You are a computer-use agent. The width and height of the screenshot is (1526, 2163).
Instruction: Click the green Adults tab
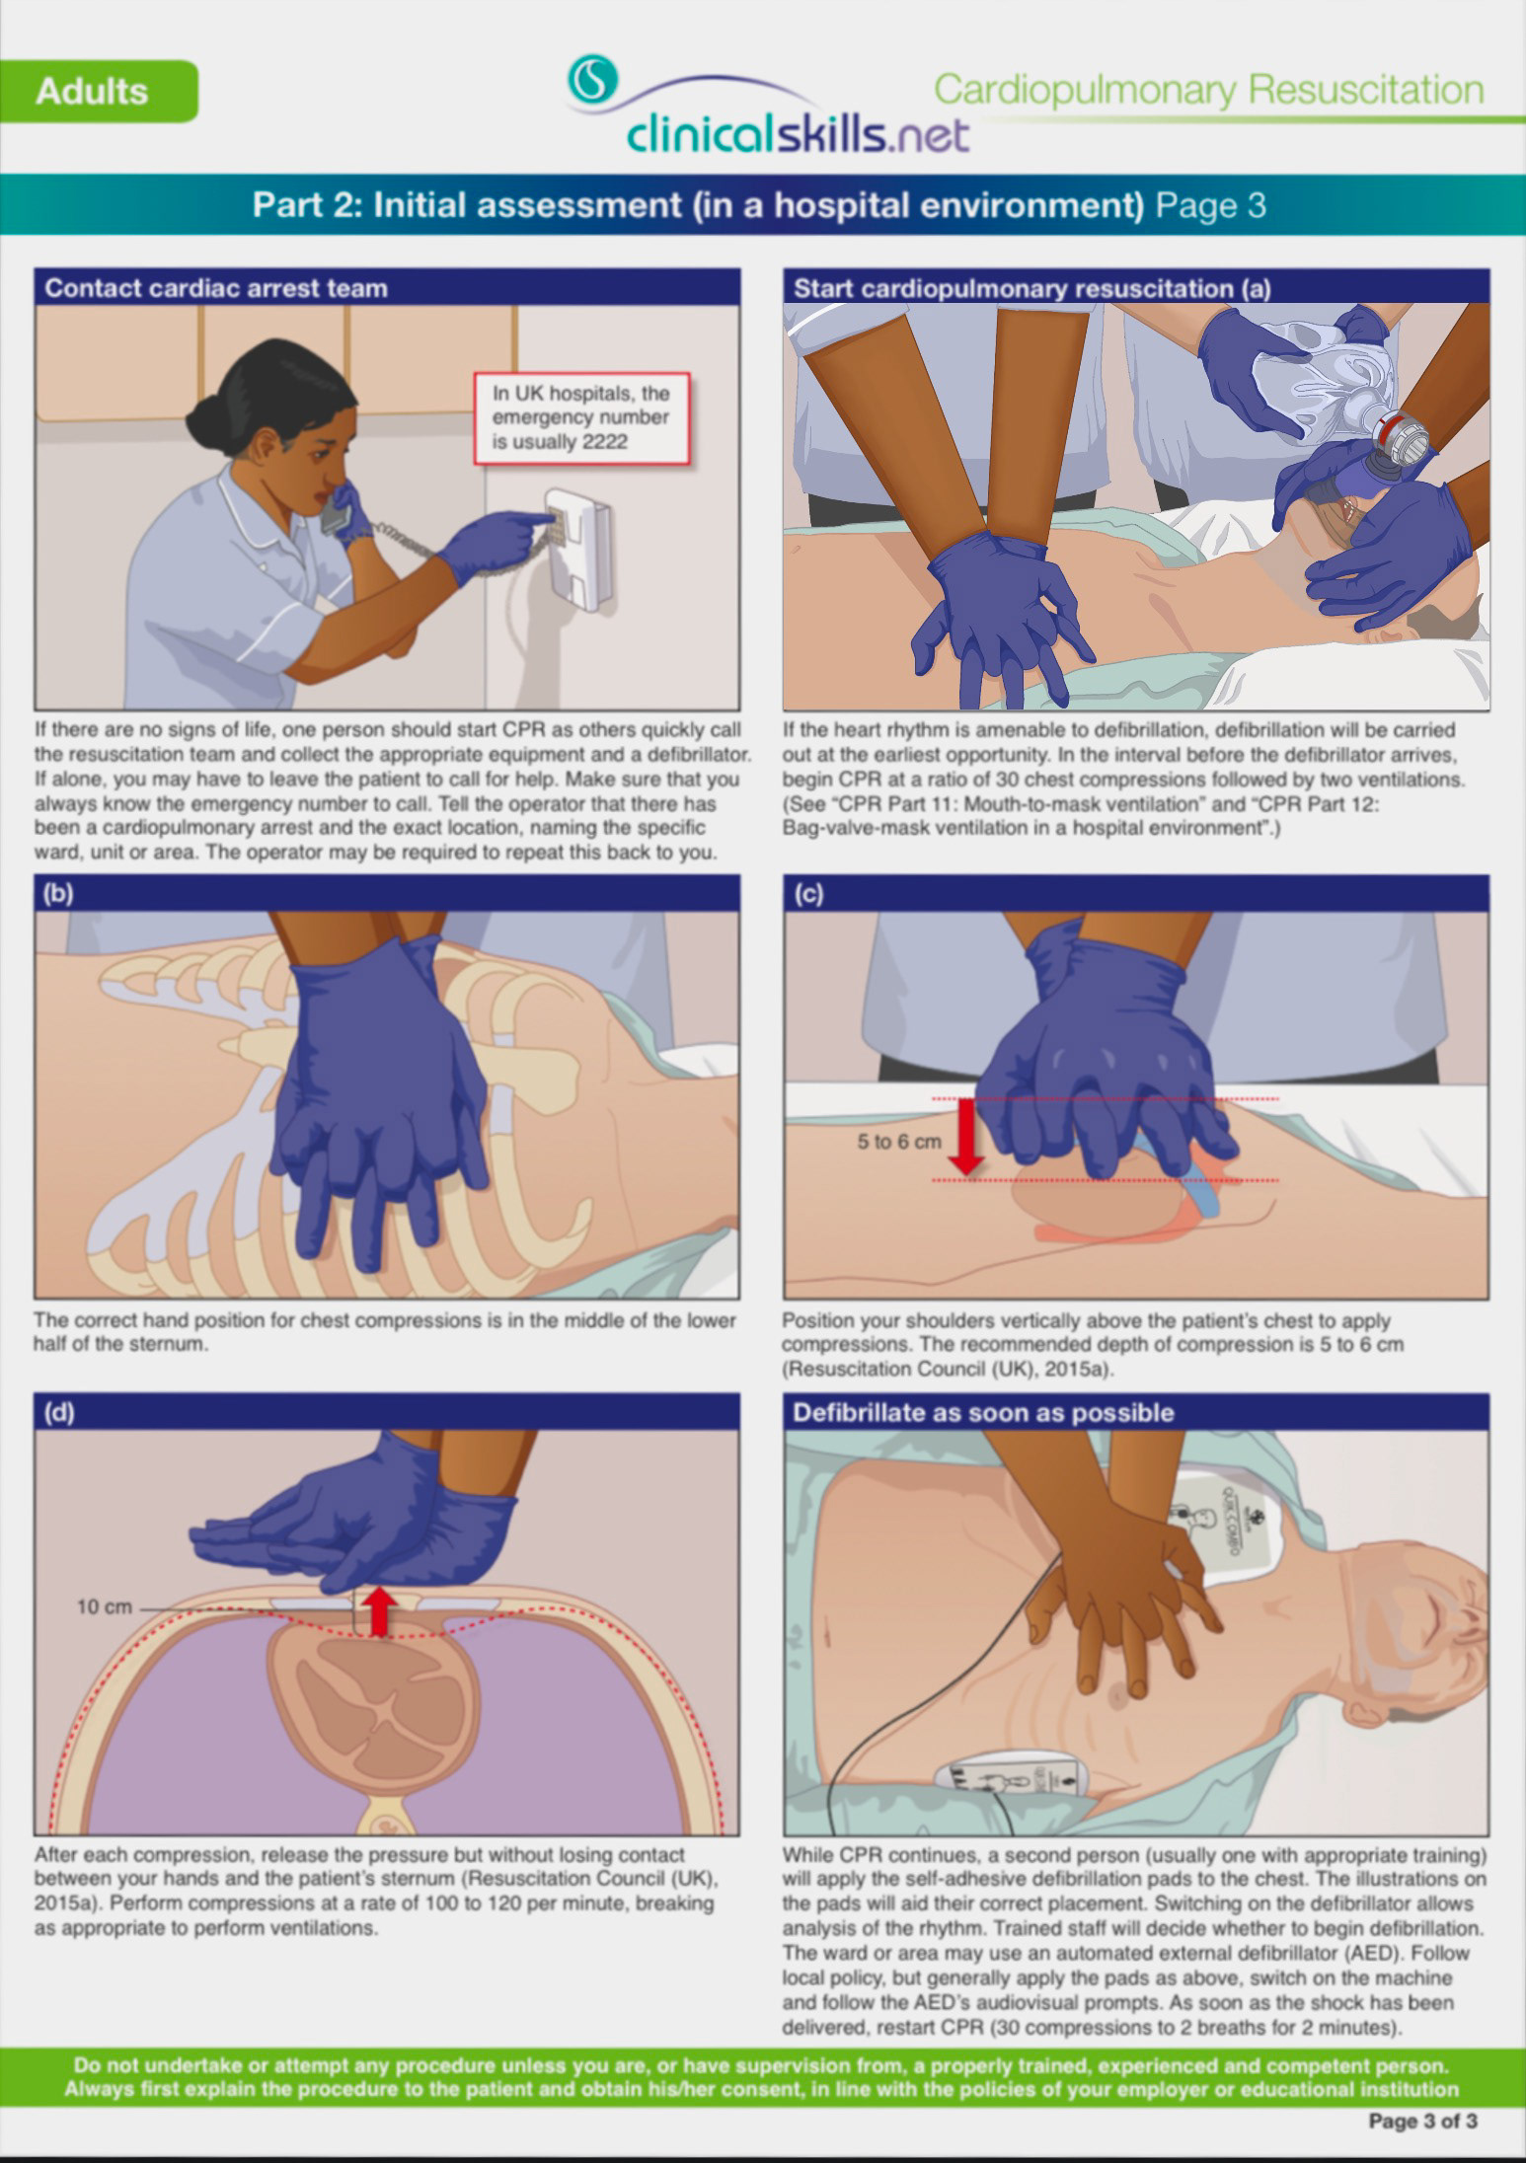click(99, 91)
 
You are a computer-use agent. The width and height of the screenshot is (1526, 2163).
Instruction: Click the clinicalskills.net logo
click(768, 107)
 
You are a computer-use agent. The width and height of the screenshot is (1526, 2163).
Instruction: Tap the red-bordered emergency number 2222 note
click(580, 417)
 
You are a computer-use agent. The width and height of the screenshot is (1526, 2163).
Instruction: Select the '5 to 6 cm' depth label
click(899, 1142)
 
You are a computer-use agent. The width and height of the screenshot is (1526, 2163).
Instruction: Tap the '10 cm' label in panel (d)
click(104, 1607)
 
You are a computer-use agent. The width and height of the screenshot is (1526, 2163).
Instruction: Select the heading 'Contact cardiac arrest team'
click(216, 288)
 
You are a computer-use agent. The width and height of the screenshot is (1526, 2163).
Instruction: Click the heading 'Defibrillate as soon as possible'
click(983, 1413)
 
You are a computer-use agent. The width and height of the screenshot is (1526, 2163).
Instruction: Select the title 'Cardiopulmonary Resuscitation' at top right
click(1208, 90)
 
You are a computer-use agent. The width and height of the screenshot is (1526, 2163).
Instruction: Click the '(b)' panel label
click(58, 893)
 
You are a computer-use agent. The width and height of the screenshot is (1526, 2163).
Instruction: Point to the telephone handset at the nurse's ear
click(339, 509)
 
